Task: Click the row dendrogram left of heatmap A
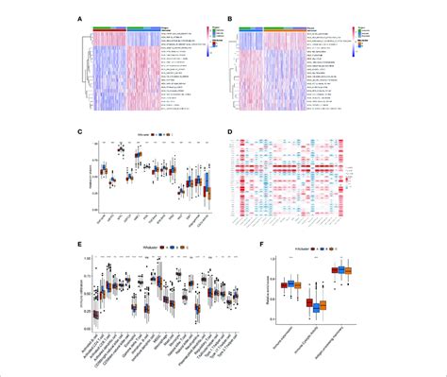(x=83, y=76)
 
